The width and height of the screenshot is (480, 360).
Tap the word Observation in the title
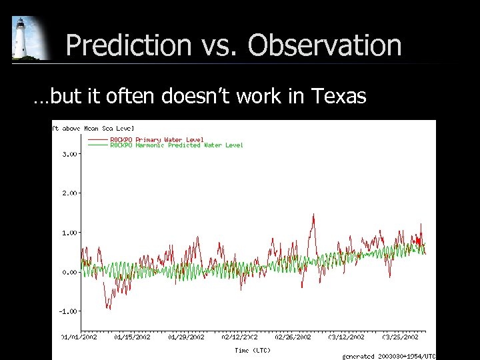325,45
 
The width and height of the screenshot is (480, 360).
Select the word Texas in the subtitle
338,97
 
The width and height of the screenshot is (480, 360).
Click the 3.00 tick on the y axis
69,154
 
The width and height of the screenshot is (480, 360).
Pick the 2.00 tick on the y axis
69,193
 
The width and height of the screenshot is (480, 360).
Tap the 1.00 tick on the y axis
69,233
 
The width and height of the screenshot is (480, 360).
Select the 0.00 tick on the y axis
69,272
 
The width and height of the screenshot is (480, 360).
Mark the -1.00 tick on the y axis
68,311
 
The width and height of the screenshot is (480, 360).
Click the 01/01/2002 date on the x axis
80,337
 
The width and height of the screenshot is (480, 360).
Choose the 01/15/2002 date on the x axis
133,337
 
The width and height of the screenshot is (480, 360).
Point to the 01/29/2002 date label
187,337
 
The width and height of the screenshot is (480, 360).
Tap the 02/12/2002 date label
240,337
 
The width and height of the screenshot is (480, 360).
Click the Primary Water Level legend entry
157,139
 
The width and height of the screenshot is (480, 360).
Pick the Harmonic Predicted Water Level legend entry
176,145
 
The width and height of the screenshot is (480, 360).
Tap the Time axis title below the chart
253,350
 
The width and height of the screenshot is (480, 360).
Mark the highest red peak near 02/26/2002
313,214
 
